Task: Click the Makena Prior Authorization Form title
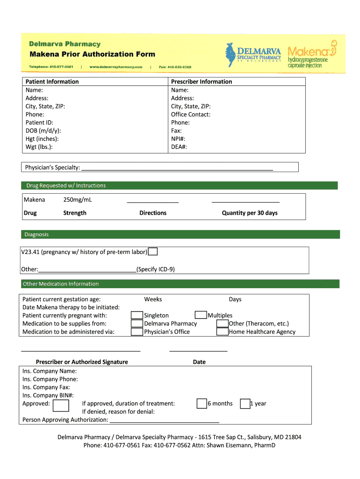92,54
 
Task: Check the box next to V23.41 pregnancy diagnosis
152,252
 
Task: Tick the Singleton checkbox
137,316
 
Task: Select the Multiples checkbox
201,315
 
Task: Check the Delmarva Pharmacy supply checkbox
137,324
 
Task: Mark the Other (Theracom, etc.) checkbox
222,324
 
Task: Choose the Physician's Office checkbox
137,332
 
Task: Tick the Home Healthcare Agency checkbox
222,332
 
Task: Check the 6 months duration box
202,404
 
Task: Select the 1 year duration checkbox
245,404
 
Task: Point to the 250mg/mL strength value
77,200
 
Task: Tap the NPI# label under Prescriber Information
178,139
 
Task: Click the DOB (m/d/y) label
43,131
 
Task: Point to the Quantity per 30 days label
249,213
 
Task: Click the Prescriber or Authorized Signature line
81,350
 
